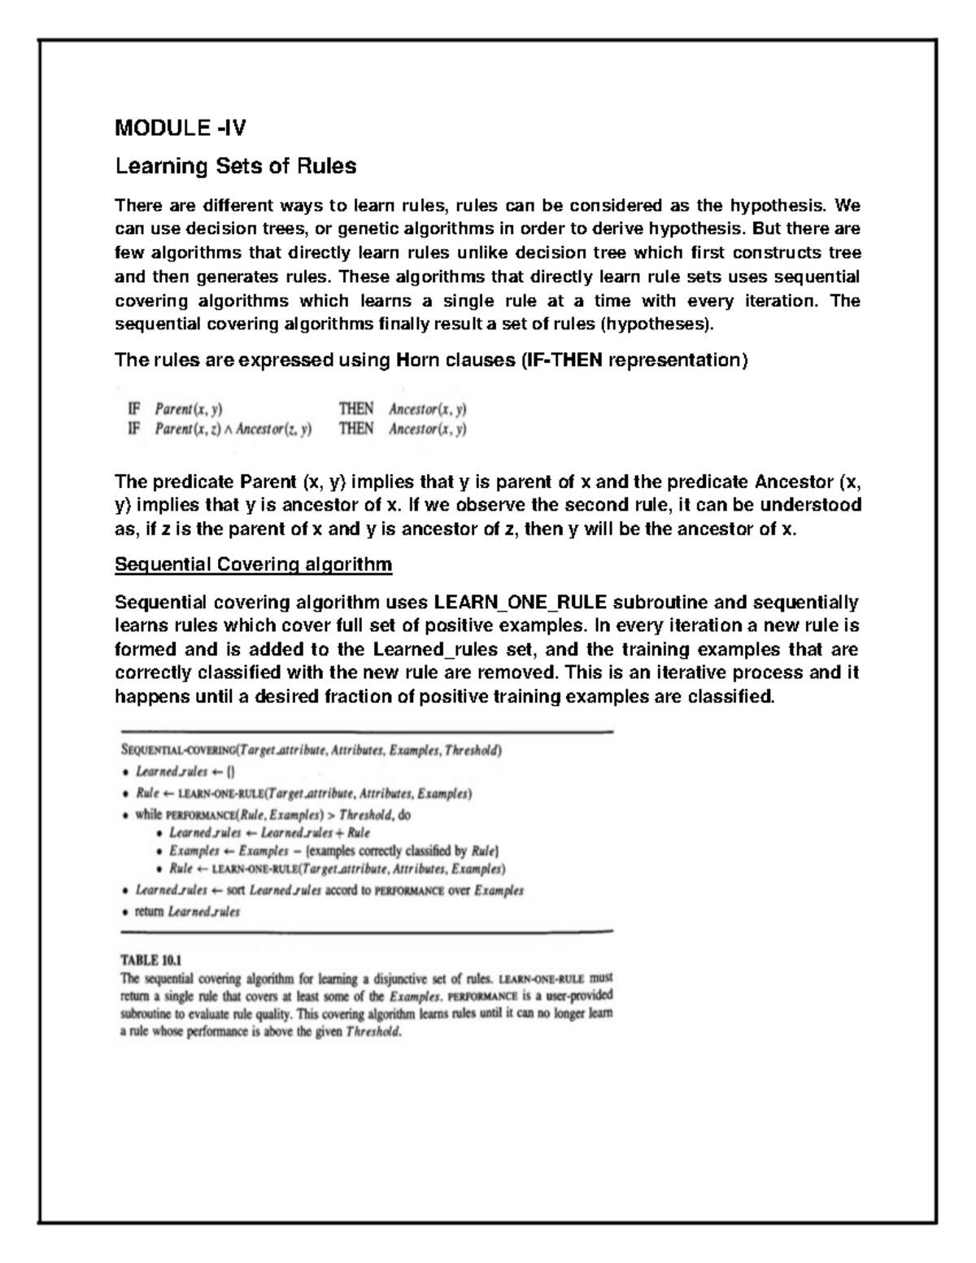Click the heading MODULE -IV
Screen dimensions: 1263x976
[x=181, y=128]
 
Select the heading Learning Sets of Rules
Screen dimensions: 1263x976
[x=236, y=167]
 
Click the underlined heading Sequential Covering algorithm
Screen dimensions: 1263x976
[x=254, y=564]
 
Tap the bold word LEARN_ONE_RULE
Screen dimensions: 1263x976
[x=521, y=603]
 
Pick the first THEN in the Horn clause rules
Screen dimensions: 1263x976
[x=355, y=408]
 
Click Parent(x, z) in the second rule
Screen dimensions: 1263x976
[x=183, y=429]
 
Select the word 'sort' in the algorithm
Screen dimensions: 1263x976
[x=236, y=891]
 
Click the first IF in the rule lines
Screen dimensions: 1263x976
[x=134, y=408]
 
